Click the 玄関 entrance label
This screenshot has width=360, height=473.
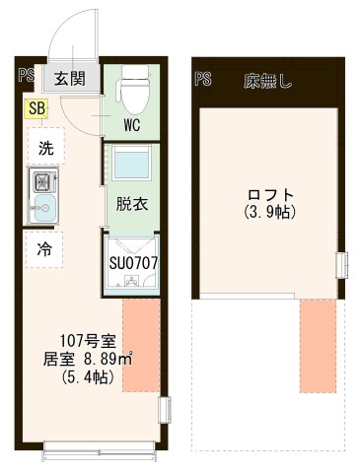[68, 79]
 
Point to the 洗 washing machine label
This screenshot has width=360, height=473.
[45, 148]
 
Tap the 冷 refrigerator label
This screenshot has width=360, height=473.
[45, 248]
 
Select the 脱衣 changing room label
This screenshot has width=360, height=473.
[131, 205]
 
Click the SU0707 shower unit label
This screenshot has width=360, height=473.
[133, 264]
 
